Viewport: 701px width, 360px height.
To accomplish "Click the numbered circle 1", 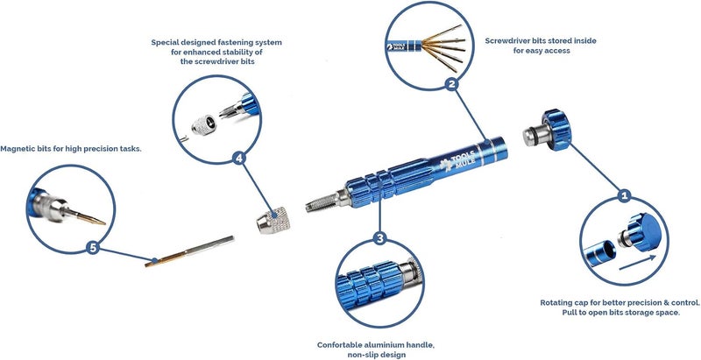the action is tap(625, 195).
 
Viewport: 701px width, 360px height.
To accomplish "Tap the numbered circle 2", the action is tap(452, 84).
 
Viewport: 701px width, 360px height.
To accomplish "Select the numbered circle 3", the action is tap(379, 238).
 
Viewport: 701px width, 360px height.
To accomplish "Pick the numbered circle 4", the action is tap(239, 158).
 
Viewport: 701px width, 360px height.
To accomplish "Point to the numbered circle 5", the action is tap(93, 247).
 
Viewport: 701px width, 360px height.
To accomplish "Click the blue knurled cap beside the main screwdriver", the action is tap(556, 130).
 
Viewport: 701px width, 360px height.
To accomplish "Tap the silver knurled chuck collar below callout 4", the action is tap(273, 221).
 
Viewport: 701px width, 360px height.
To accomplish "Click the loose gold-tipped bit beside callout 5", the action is tap(189, 251).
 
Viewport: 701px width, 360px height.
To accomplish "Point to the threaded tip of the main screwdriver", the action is tap(322, 202).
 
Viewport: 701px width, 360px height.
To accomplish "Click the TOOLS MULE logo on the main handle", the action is tap(457, 161).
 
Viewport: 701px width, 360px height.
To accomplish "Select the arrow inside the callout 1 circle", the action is tap(638, 263).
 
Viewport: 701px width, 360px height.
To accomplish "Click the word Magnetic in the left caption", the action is tap(17, 149).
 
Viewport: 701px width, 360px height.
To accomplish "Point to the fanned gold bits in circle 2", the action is tap(443, 48).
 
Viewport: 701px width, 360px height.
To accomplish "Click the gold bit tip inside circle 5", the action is tap(89, 216).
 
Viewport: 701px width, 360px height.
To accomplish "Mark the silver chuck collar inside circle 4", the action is tap(204, 124).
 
